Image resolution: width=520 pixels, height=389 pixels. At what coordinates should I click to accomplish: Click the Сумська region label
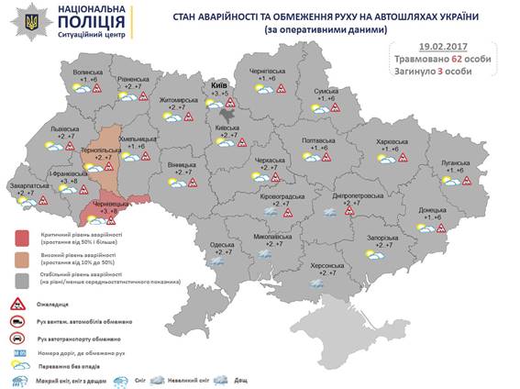(x=329, y=92)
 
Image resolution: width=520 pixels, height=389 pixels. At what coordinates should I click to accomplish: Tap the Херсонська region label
(x=326, y=264)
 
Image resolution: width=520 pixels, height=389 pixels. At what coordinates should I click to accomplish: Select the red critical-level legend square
(x=22, y=239)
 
